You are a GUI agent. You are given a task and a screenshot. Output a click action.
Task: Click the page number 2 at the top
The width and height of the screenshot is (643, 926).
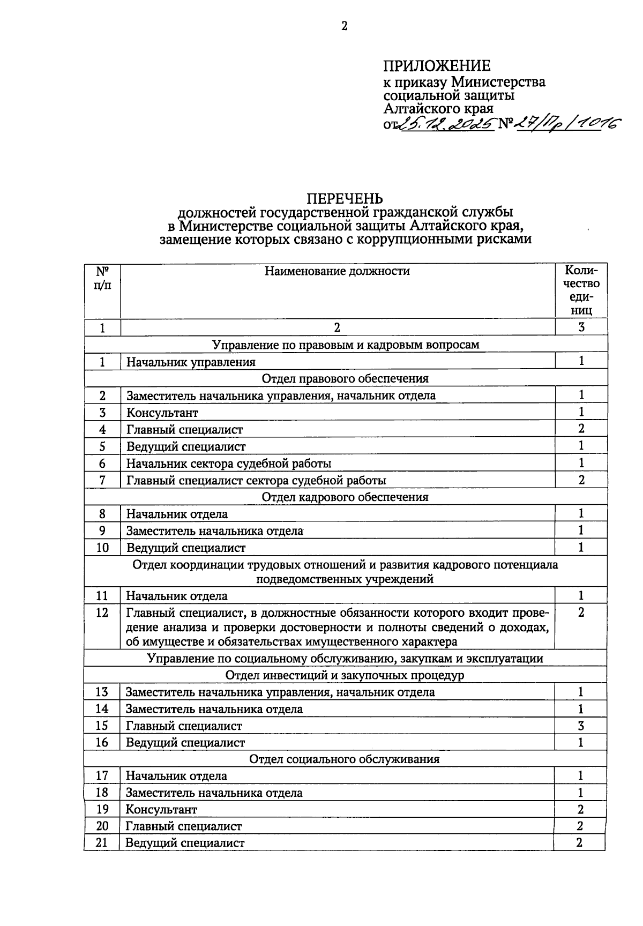click(345, 26)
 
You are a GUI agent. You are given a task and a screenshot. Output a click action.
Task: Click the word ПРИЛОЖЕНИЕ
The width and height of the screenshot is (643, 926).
click(437, 66)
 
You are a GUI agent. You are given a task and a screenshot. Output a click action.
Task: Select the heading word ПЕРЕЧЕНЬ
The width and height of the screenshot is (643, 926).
click(345, 199)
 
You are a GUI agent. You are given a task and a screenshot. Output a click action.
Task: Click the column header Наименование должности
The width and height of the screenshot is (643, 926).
click(337, 271)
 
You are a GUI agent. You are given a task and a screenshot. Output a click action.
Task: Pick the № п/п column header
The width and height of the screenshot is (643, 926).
click(102, 278)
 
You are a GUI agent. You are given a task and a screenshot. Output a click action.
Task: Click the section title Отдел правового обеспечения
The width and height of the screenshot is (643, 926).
click(345, 379)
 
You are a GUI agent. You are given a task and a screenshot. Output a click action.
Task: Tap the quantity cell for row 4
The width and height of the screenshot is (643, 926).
click(581, 429)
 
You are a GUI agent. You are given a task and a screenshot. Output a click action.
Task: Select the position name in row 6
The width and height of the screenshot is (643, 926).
click(229, 464)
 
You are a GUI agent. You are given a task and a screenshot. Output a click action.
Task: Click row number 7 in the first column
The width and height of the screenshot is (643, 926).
click(102, 480)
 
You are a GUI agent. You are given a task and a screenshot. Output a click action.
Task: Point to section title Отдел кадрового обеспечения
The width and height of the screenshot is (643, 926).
click(345, 497)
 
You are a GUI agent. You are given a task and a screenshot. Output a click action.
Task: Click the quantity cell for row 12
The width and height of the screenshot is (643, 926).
click(581, 613)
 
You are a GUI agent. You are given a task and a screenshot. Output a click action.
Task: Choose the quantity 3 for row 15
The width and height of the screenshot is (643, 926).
click(581, 726)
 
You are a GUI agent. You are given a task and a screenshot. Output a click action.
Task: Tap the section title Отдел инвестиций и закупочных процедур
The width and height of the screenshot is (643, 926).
click(345, 675)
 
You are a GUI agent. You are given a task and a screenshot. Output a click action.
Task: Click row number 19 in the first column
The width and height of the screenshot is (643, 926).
click(102, 809)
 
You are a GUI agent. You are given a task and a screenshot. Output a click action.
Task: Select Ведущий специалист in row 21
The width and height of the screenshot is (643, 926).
click(185, 843)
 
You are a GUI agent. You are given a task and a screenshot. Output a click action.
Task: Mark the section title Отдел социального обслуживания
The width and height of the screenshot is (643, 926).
click(345, 759)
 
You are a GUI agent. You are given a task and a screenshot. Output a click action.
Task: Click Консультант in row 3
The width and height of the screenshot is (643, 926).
click(162, 413)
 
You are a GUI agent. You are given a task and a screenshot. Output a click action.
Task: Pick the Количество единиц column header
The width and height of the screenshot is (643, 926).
click(581, 290)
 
